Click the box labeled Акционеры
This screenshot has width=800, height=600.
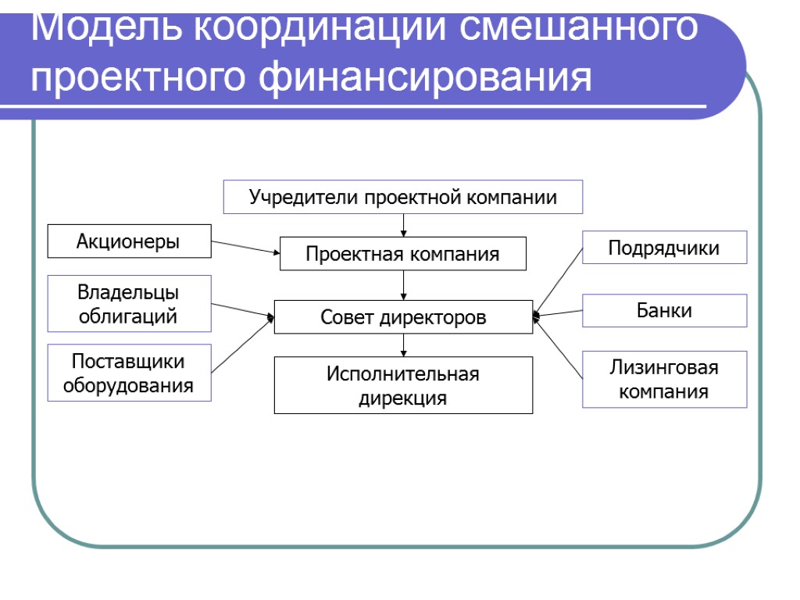tap(129, 241)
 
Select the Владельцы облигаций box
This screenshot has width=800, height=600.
tap(129, 304)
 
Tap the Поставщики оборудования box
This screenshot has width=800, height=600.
tap(129, 373)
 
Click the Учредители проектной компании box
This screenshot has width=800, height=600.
tap(403, 197)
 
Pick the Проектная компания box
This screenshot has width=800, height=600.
tap(403, 254)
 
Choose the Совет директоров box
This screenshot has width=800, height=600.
tap(403, 317)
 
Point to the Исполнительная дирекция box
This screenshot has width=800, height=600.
tap(403, 385)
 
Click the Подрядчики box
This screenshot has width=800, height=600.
tap(664, 248)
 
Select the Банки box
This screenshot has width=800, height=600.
tap(664, 310)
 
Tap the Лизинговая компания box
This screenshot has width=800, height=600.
tap(664, 379)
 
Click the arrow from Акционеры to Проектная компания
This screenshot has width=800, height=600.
tap(245, 248)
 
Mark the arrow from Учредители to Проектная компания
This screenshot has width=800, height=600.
tap(404, 225)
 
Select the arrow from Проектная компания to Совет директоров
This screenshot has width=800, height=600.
tap(404, 285)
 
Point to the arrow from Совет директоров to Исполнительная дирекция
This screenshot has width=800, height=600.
tap(404, 345)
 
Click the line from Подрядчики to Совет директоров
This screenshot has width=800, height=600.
tap(559, 280)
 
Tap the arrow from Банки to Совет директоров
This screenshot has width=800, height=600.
tap(559, 313)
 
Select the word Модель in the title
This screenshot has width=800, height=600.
tap(105, 28)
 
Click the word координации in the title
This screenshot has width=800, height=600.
tap(317, 28)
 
